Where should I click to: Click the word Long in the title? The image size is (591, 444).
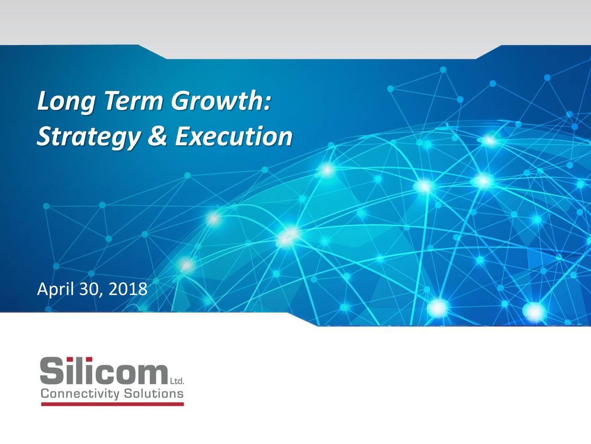pyautogui.click(x=66, y=102)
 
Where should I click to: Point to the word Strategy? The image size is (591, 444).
pyautogui.click(x=89, y=137)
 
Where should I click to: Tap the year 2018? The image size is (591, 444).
pyautogui.click(x=128, y=289)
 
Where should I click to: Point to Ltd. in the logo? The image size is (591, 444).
pyautogui.click(x=177, y=381)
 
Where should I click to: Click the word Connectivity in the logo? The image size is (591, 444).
pyautogui.click(x=80, y=395)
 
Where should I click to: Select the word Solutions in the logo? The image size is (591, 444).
pyautogui.click(x=154, y=394)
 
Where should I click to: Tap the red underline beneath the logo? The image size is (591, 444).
pyautogui.click(x=113, y=404)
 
